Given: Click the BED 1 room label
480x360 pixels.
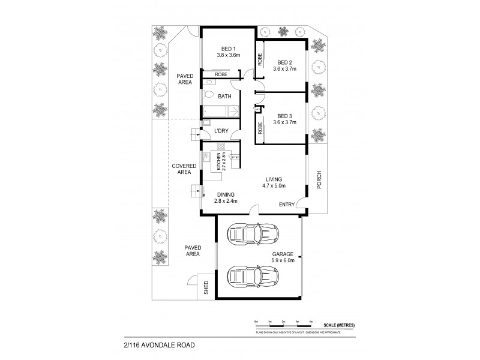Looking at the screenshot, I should pyautogui.click(x=228, y=48).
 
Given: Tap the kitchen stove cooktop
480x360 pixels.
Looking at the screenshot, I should pyautogui.click(x=220, y=146).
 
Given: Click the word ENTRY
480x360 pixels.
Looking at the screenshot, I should pyautogui.click(x=287, y=205).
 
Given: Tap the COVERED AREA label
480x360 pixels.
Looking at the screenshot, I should pyautogui.click(x=181, y=169).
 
